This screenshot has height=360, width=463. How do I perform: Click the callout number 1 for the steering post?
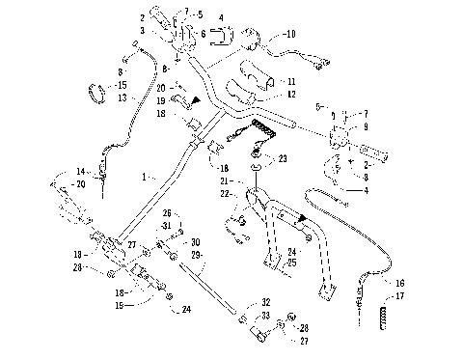coord(144,177)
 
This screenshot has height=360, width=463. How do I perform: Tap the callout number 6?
coord(203,33)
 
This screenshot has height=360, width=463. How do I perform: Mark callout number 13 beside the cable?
coord(121,97)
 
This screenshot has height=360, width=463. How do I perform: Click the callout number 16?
coord(400,283)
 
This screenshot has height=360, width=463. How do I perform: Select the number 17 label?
coord(400,295)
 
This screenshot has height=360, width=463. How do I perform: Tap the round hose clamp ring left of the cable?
coord(95,95)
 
